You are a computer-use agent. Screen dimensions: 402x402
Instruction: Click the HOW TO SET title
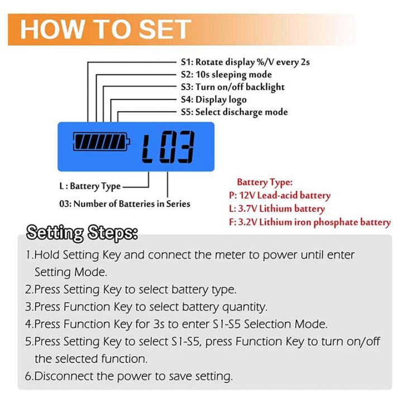click(x=106, y=29)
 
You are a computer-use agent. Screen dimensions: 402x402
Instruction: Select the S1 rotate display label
click(x=245, y=62)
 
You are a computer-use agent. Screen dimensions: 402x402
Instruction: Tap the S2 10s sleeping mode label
click(x=226, y=74)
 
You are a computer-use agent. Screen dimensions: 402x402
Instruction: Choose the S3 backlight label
click(x=232, y=87)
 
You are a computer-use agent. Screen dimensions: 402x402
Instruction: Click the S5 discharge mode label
click(x=234, y=112)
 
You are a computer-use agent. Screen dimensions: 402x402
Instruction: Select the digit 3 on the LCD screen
click(x=184, y=147)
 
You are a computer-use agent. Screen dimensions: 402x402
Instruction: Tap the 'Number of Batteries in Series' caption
click(x=125, y=204)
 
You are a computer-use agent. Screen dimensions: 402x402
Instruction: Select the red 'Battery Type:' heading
click(x=265, y=182)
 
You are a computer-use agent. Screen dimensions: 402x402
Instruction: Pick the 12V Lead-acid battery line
click(x=280, y=195)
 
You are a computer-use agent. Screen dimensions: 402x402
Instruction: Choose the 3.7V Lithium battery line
click(x=276, y=209)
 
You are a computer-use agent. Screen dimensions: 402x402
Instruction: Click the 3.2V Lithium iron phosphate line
click(x=309, y=222)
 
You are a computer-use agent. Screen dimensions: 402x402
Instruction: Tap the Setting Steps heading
click(x=83, y=232)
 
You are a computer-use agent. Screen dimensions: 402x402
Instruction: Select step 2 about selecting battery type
click(x=131, y=289)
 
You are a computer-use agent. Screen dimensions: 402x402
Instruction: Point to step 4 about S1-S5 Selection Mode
click(x=176, y=324)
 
